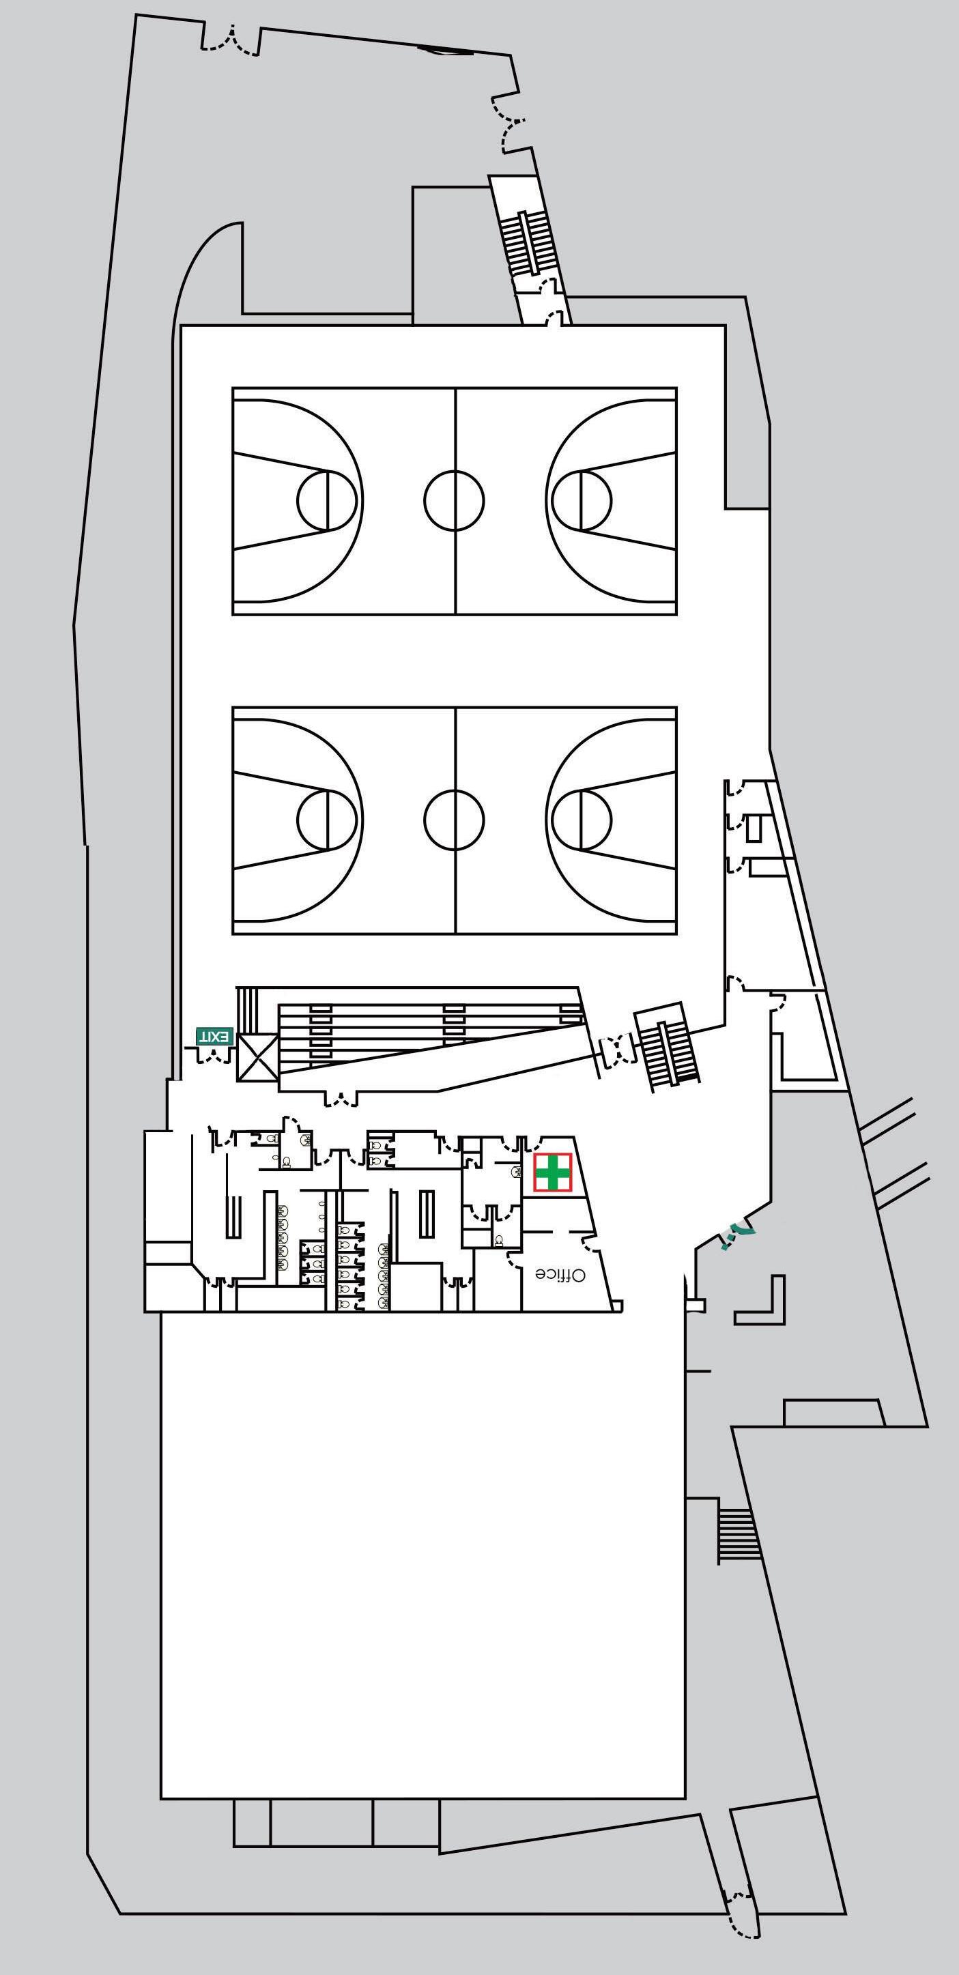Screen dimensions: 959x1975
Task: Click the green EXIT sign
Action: pos(214,1036)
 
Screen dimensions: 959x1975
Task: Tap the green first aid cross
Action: pos(553,1173)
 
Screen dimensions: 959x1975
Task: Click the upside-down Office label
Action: pos(560,1274)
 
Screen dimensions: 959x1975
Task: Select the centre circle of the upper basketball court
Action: pos(454,500)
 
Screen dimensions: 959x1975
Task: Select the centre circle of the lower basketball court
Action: pos(454,819)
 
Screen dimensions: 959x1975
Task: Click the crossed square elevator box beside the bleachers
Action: pos(257,1058)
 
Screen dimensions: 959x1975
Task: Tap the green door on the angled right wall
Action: pos(737,1234)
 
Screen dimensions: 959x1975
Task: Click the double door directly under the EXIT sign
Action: pos(214,1056)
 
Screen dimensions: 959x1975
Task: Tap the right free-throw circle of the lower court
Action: pos(581,819)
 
